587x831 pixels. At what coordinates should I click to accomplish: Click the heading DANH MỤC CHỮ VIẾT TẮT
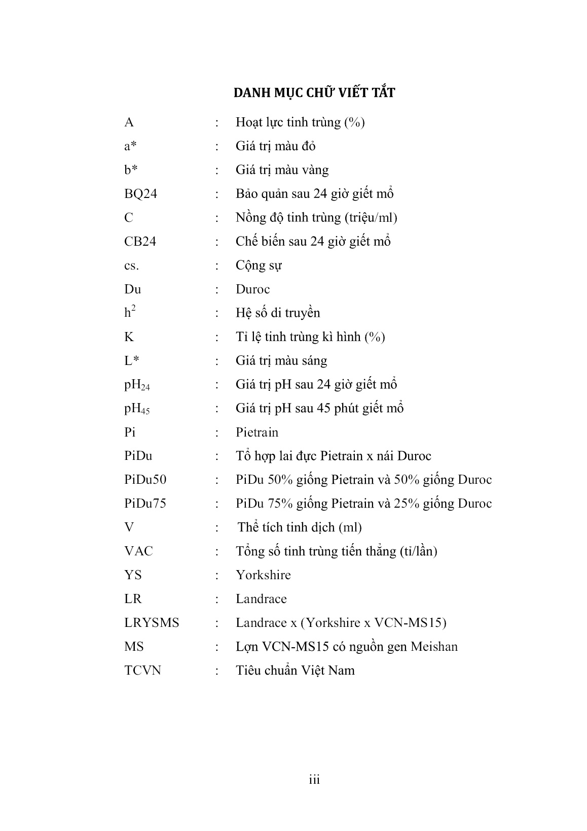(x=314, y=93)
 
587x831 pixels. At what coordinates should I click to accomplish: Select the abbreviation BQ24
(x=140, y=194)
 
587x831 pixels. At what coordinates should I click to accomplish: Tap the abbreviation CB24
(x=140, y=242)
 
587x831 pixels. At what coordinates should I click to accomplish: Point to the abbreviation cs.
(x=131, y=265)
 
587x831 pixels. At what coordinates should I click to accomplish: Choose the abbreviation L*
(x=132, y=361)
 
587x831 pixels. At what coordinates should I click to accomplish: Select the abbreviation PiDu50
(x=145, y=480)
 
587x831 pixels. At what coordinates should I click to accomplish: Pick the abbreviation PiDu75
(x=145, y=504)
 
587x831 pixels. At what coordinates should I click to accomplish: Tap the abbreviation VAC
(x=138, y=551)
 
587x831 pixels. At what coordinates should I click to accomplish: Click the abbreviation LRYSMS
(x=152, y=623)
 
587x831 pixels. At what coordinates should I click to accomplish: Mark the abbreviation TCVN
(x=142, y=671)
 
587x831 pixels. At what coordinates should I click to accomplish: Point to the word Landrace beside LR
(x=261, y=599)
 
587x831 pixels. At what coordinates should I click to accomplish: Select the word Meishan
(x=434, y=647)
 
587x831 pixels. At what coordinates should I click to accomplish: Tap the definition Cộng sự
(x=259, y=265)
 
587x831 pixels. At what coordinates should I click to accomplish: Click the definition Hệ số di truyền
(x=278, y=313)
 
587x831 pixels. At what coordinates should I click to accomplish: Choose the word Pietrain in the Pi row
(x=257, y=433)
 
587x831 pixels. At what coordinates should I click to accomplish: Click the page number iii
(x=314, y=780)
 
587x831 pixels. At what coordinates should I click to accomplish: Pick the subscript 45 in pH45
(x=145, y=412)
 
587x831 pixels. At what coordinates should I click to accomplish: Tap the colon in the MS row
(x=217, y=647)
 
